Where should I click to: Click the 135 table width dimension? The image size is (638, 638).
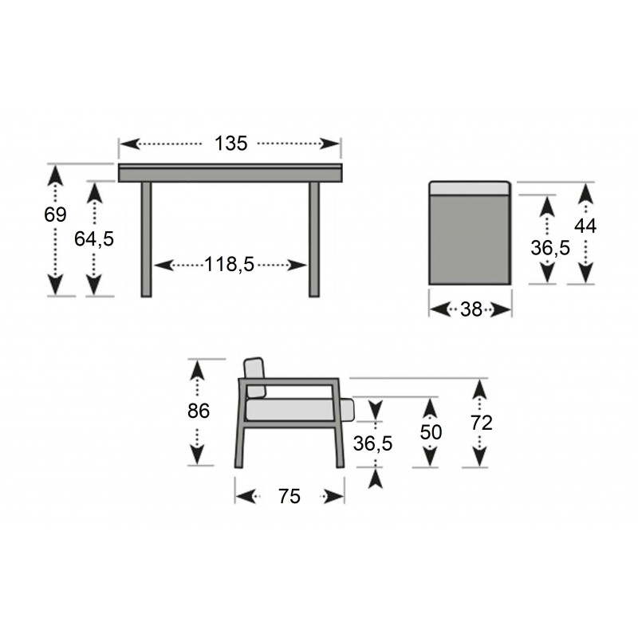point(230,144)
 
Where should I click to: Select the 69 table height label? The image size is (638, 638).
point(55,215)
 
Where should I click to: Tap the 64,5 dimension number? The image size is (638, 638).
point(94,238)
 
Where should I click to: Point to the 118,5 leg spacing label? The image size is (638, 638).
point(229,265)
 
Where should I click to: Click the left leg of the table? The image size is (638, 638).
point(147,239)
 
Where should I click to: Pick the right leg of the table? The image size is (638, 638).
point(314,239)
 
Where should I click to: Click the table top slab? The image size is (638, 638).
point(230,173)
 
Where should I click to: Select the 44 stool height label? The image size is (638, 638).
point(585,226)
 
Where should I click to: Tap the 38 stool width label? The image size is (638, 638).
point(471,309)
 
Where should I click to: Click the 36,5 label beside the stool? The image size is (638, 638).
point(550,247)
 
